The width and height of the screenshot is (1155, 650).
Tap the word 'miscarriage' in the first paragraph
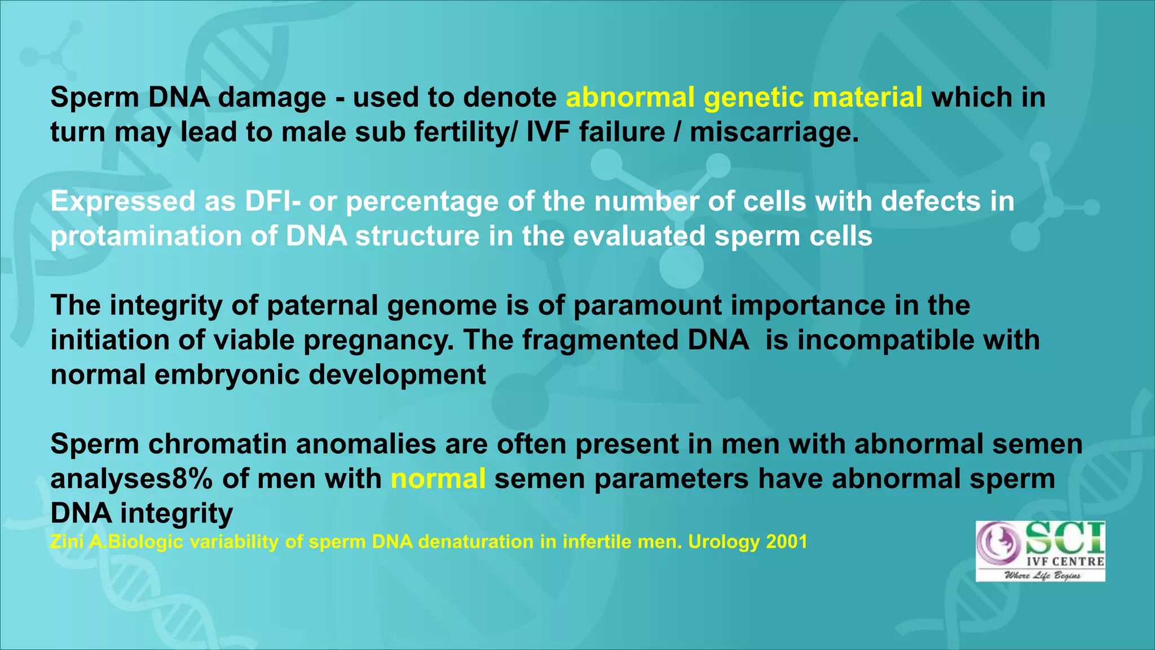(774, 133)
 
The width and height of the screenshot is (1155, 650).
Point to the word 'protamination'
(146, 236)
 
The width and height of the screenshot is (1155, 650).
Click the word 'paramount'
(647, 306)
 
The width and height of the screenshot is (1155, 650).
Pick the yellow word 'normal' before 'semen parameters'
(438, 479)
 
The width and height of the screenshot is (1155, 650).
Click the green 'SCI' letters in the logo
(1064, 538)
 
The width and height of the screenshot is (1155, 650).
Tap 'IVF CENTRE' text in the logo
(1065, 561)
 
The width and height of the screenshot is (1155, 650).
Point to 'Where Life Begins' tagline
(1042, 576)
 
